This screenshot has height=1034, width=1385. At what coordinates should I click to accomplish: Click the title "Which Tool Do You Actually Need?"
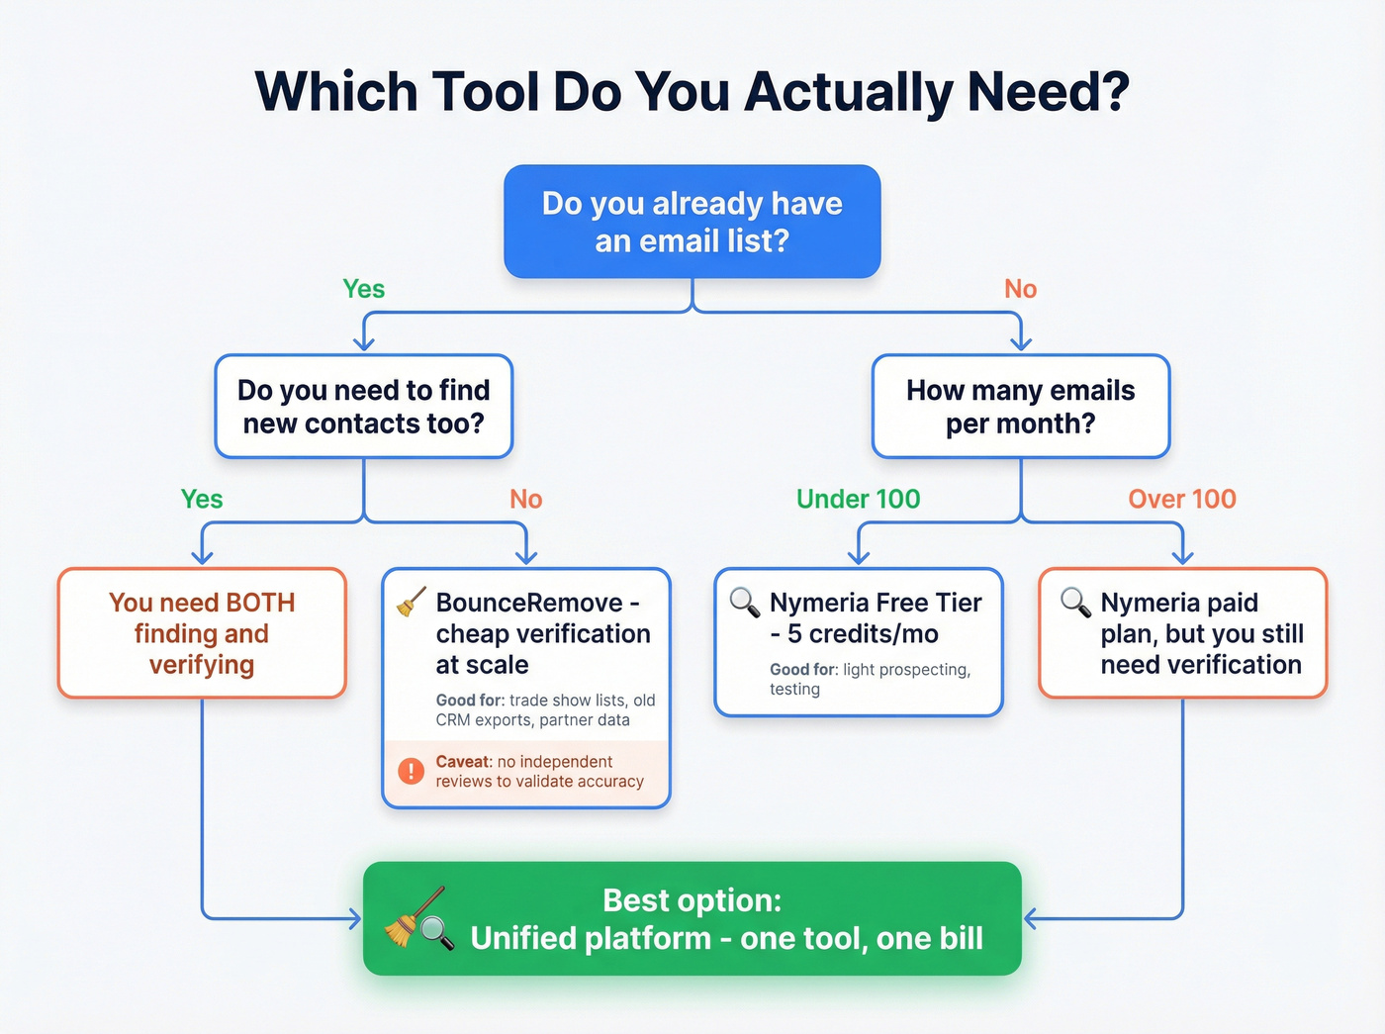pos(692,92)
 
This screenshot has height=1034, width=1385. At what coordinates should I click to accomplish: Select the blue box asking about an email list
pos(692,222)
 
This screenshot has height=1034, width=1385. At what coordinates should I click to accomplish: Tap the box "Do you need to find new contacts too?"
pos(363,407)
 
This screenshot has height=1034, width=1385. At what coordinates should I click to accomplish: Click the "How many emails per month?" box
pos(1020,407)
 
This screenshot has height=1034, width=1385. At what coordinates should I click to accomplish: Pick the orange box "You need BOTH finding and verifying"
pos(202,633)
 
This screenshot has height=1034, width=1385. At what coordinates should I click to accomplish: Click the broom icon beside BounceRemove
pos(412,603)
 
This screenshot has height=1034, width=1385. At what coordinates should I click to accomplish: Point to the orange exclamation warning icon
pos(411,771)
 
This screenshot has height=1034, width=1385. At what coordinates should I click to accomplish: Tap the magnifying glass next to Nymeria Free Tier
pos(744,602)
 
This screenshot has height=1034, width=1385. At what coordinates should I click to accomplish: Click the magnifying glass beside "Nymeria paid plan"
pos(1075,602)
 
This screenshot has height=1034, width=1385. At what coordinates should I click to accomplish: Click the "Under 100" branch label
pos(858,499)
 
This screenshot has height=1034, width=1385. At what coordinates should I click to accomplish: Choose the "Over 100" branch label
pos(1182,499)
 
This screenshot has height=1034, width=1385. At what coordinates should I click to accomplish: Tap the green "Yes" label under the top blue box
pos(363,289)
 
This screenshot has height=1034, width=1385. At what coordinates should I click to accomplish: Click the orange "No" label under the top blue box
pos(1020,289)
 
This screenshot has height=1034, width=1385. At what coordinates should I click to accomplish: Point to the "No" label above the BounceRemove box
pos(525,499)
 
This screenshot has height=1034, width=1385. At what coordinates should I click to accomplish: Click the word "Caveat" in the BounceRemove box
pos(463,762)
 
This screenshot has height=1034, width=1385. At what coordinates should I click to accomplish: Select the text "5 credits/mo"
pos(863,634)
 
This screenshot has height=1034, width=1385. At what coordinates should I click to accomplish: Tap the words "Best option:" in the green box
pos(692,900)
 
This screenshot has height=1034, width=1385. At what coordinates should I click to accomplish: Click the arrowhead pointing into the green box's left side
pos(355,919)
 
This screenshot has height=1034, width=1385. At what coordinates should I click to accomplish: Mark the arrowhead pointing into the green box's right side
pos(1031,919)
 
